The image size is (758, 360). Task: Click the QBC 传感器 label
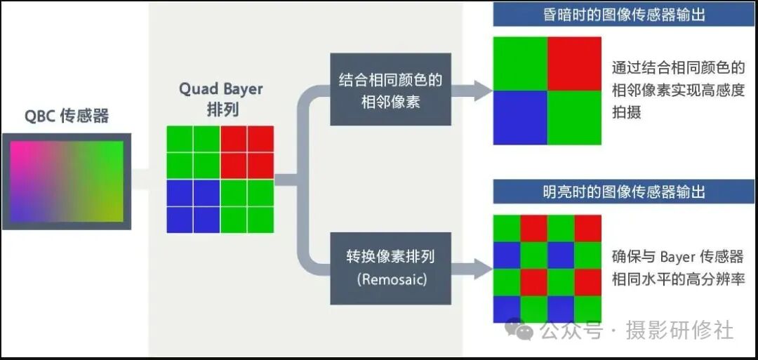click(67, 116)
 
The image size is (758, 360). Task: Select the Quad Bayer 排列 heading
click(221, 99)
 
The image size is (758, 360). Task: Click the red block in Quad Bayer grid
click(247, 152)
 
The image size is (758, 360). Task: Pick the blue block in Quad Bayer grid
click(194, 206)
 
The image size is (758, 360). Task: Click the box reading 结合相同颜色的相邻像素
click(390, 91)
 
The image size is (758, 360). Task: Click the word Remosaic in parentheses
click(390, 279)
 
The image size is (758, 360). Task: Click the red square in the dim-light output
click(575, 64)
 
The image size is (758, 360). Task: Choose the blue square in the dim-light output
click(520, 118)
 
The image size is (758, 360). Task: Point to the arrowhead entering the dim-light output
click(483, 89)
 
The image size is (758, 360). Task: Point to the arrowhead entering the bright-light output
click(483, 267)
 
